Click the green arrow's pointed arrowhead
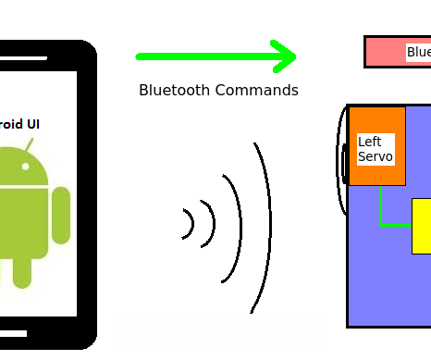pyautogui.click(x=288, y=56)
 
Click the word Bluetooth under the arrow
pyautogui.click(x=176, y=91)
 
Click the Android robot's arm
pyautogui.click(x=61, y=215)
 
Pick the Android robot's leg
pyautogui.click(x=22, y=270)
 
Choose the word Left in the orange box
pyautogui.click(x=369, y=142)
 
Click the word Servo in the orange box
pyautogui.click(x=376, y=156)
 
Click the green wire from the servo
pyautogui.click(x=381, y=211)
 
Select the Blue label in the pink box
pyautogui.click(x=418, y=53)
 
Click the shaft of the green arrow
pyautogui.click(x=203, y=56)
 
